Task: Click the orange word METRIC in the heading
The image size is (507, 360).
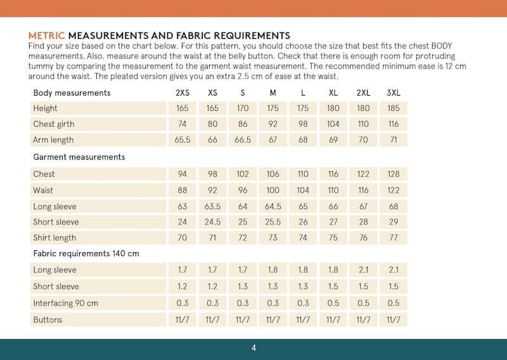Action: click(47, 35)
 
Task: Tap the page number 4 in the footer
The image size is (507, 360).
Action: click(253, 348)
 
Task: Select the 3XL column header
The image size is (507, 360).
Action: click(393, 93)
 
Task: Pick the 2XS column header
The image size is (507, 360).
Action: click(183, 93)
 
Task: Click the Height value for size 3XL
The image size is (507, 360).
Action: click(393, 108)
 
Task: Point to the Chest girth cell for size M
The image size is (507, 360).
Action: click(273, 124)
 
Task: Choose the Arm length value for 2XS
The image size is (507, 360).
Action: click(183, 140)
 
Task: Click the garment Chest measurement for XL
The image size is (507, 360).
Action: click(333, 174)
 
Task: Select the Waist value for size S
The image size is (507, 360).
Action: click(243, 190)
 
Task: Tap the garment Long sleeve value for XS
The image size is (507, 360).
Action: click(212, 206)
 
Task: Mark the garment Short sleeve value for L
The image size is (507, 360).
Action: click(303, 222)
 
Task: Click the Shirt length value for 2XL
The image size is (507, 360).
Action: click(363, 238)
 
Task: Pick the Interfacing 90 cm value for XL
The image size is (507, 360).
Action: click(333, 304)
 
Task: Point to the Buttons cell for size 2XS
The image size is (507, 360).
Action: click(183, 320)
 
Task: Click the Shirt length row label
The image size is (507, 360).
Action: click(55, 238)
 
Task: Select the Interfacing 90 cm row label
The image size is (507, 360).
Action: click(65, 304)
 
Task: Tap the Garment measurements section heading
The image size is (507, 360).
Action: click(79, 157)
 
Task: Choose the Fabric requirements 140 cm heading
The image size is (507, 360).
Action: click(86, 254)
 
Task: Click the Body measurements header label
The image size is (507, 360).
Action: click(72, 93)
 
